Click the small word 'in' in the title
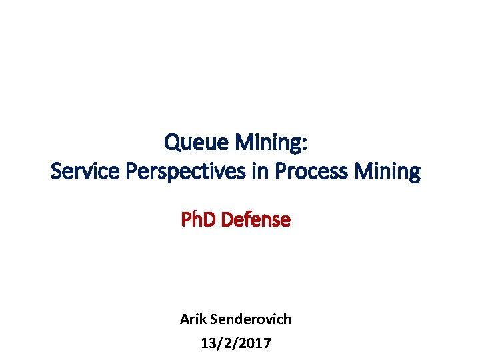click(x=257, y=172)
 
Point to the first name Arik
click(x=193, y=319)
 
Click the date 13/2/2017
click(x=235, y=343)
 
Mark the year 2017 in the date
click(x=256, y=343)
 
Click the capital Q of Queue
click(x=172, y=142)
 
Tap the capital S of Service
click(x=57, y=172)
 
